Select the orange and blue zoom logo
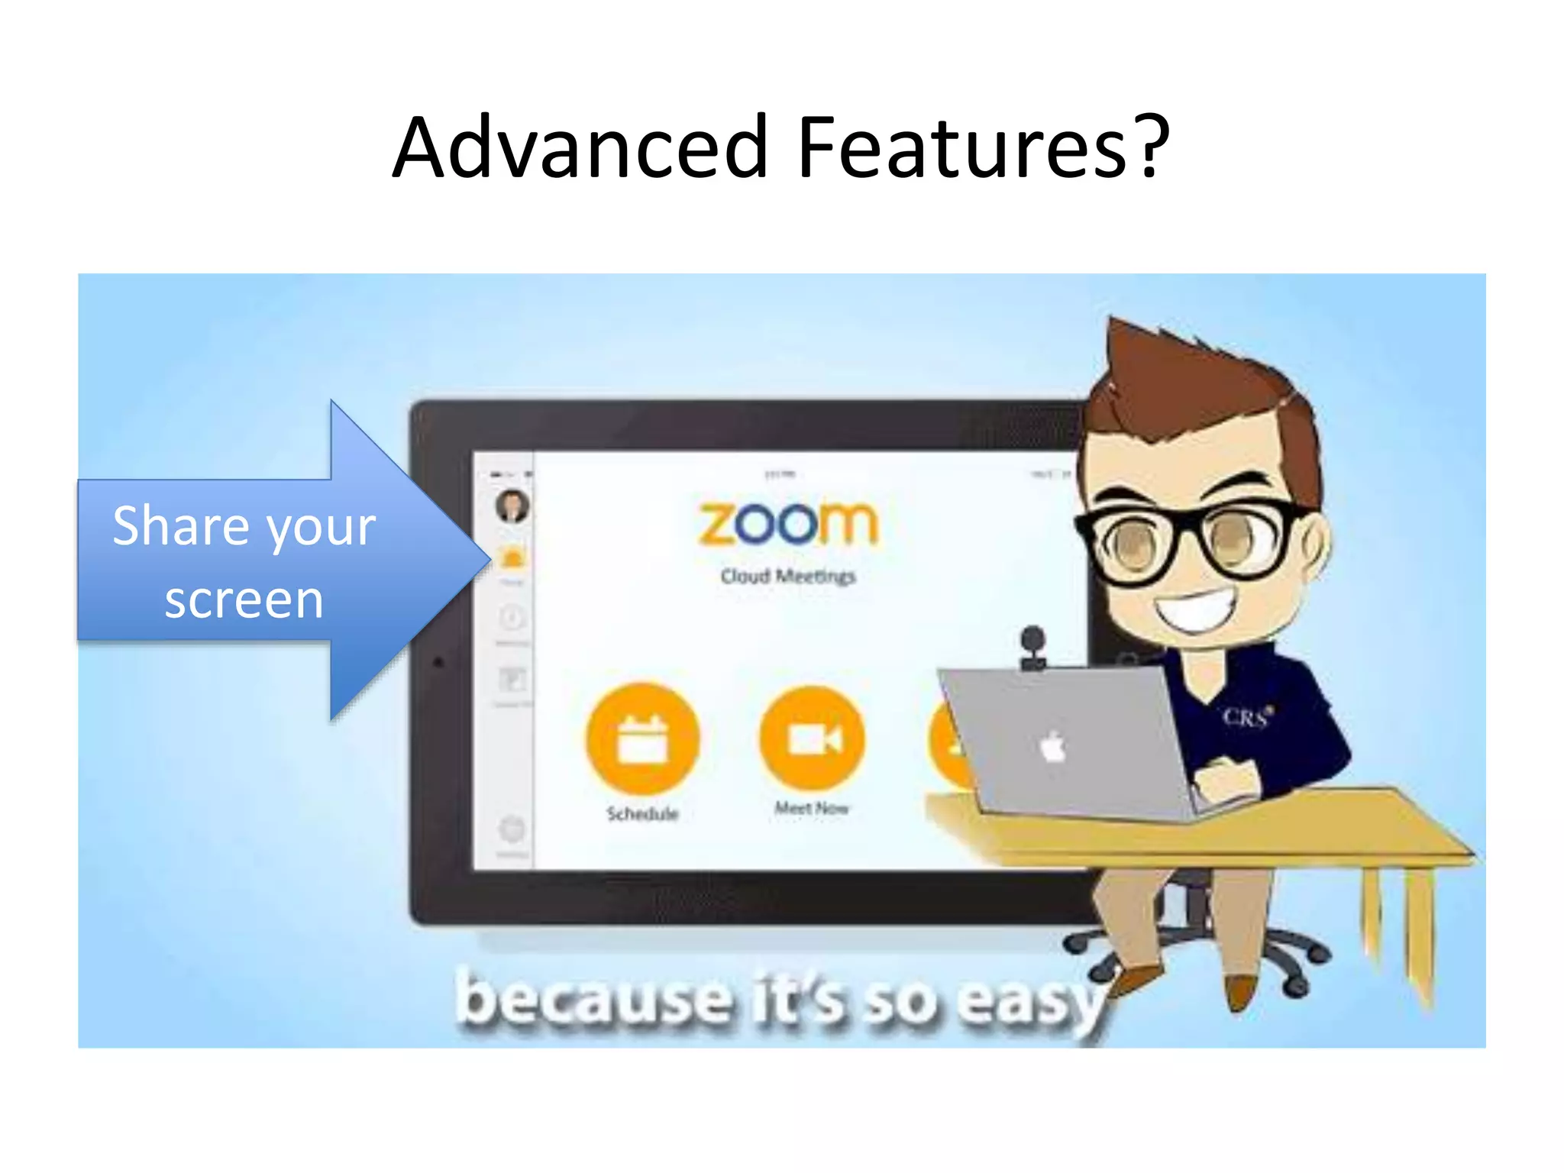(787, 524)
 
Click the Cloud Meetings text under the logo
(787, 576)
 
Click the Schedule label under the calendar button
(642, 814)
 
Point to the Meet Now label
(812, 808)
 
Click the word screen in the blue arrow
(244, 599)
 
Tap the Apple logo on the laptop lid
(1053, 747)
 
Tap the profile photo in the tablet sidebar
(512, 506)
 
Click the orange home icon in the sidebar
(512, 558)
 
